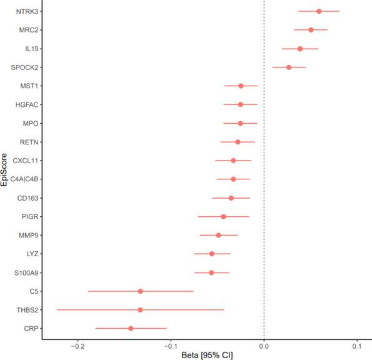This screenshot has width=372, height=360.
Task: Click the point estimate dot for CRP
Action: [131, 328]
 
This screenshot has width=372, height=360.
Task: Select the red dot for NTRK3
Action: [319, 11]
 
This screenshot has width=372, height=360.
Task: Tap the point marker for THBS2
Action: [140, 310]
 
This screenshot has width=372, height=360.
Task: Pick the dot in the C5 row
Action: [140, 291]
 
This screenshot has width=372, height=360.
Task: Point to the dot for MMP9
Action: [218, 235]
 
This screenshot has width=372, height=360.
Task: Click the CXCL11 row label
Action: [22, 161]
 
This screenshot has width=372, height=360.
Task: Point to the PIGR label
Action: [25, 217]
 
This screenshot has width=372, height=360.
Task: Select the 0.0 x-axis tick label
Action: [264, 346]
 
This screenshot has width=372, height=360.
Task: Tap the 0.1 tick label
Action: [357, 346]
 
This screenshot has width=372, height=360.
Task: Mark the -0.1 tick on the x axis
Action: [171, 346]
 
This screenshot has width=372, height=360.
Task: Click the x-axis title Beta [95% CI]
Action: [206, 355]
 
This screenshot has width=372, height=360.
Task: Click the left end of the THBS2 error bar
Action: [57, 310]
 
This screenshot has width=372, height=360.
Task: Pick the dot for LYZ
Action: [211, 254]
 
